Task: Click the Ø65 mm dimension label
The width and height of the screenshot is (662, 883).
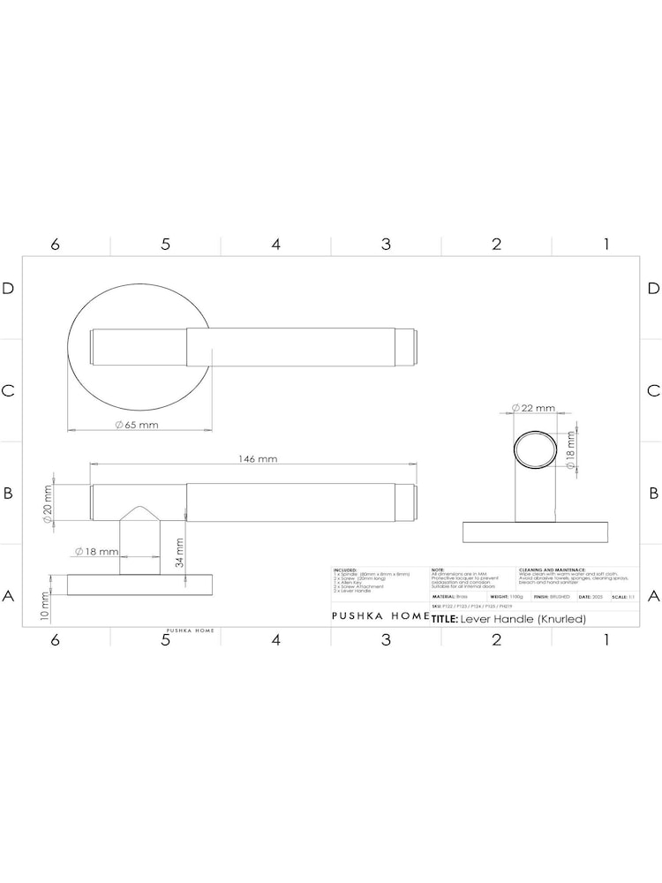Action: click(136, 425)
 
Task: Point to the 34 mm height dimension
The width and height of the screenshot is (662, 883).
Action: click(179, 553)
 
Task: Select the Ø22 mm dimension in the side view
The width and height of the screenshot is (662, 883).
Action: click(533, 408)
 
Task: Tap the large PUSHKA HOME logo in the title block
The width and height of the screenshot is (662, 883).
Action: click(380, 617)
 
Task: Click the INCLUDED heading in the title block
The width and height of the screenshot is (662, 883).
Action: click(345, 570)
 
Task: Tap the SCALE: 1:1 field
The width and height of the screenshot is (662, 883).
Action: click(623, 597)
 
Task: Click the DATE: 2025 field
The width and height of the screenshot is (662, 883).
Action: click(591, 597)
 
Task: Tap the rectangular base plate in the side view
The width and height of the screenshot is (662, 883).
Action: click(536, 532)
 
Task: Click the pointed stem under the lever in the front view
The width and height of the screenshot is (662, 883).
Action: click(139, 539)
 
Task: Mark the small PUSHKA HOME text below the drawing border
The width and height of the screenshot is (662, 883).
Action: click(191, 631)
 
